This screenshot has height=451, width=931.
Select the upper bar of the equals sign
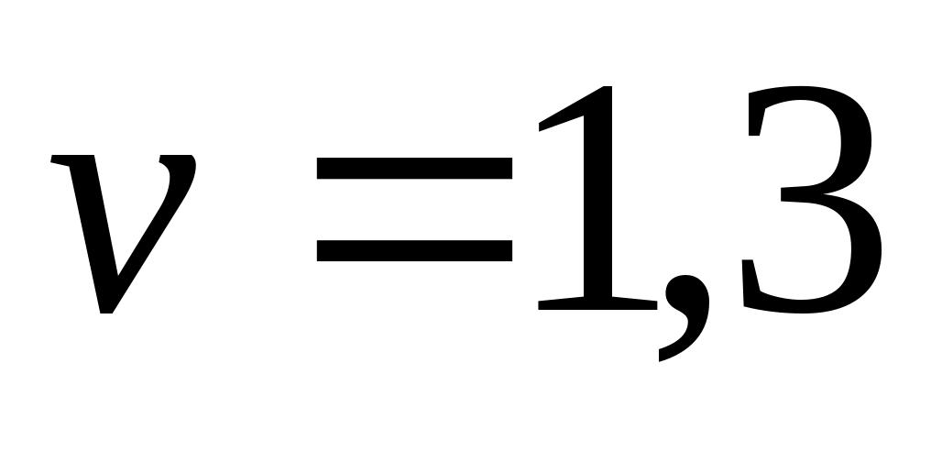(414, 168)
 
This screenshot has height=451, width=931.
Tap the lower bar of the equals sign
(414, 251)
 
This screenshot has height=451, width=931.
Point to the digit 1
(597, 198)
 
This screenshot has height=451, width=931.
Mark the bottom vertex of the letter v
(105, 312)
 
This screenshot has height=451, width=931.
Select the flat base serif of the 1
(597, 303)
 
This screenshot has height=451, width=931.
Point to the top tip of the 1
(608, 88)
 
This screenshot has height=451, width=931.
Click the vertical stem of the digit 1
(597, 202)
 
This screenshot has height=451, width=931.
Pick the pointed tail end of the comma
(661, 357)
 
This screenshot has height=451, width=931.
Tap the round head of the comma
(686, 292)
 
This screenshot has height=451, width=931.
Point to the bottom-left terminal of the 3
(750, 280)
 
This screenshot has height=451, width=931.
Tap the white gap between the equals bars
(414, 209)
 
